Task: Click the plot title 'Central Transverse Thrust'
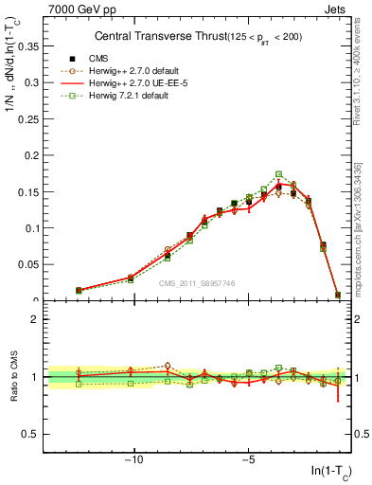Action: pyautogui.click(x=155, y=36)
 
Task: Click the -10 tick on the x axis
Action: pyautogui.click(x=134, y=461)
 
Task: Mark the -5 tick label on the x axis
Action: pyautogui.click(x=248, y=461)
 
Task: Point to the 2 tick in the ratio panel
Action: pyautogui.click(x=35, y=319)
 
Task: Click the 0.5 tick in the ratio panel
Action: pyautogui.click(x=31, y=434)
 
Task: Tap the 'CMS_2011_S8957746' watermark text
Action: pyautogui.click(x=196, y=283)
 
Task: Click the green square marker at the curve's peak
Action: pyautogui.click(x=278, y=174)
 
